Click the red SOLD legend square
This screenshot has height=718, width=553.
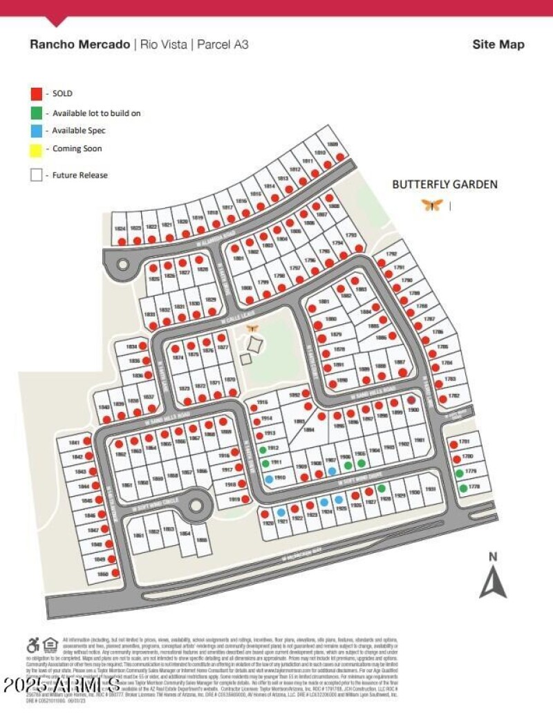(x=36, y=93)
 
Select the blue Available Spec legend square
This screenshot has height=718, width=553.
(x=36, y=130)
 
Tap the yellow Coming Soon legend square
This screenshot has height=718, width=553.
(x=36, y=149)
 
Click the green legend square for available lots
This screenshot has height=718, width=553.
(x=36, y=112)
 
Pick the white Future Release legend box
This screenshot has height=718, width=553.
(x=36, y=176)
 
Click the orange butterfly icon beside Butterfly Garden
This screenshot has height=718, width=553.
(x=432, y=205)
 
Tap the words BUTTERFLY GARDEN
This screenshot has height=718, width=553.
(x=444, y=185)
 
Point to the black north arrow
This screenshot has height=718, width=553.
(x=493, y=580)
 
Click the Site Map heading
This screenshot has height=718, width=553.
(x=498, y=45)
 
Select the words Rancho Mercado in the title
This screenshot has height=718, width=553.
(x=79, y=45)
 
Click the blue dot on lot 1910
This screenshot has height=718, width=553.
(x=269, y=479)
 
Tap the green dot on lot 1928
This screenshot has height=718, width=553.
(x=382, y=489)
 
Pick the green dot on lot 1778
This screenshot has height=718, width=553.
(x=462, y=489)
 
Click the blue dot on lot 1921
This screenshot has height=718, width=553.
(x=281, y=512)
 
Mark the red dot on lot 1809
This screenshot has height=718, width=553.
(x=340, y=157)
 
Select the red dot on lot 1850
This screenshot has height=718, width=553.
(x=115, y=574)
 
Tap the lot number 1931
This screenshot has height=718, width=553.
(x=431, y=490)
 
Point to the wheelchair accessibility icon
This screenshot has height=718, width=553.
(x=32, y=645)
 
